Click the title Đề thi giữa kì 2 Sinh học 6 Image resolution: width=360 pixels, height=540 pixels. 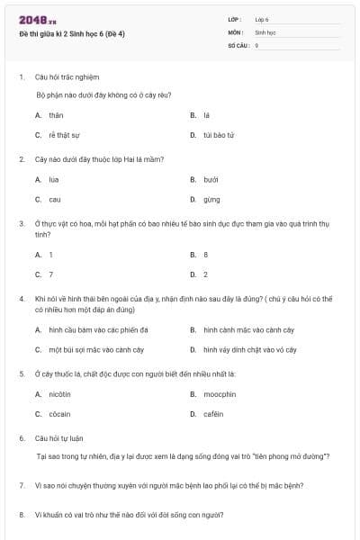[x=72, y=34]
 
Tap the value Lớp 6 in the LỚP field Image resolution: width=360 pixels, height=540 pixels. [x=262, y=19]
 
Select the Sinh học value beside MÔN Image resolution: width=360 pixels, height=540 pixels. [x=265, y=31]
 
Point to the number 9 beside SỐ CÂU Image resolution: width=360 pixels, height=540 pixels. [x=256, y=44]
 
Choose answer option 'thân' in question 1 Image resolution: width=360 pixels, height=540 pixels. [x=57, y=115]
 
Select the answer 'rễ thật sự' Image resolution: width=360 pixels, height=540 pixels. [x=63, y=135]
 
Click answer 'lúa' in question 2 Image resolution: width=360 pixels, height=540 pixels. [x=54, y=179]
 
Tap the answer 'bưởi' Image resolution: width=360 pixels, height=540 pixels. [x=211, y=179]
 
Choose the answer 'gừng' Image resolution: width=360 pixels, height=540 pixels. [x=211, y=199]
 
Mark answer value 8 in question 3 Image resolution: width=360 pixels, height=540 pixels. [x=205, y=255]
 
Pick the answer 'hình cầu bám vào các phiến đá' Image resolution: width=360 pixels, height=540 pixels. [x=98, y=329]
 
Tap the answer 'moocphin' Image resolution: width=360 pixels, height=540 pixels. [x=219, y=394]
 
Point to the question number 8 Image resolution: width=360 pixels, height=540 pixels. [x=21, y=515]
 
